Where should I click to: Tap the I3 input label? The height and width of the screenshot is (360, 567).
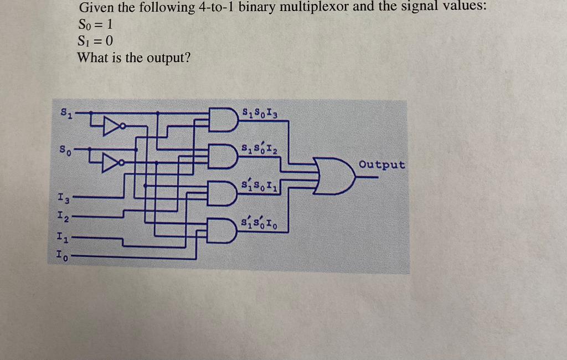tap(63, 196)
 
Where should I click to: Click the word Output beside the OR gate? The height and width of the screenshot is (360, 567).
tap(382, 164)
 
